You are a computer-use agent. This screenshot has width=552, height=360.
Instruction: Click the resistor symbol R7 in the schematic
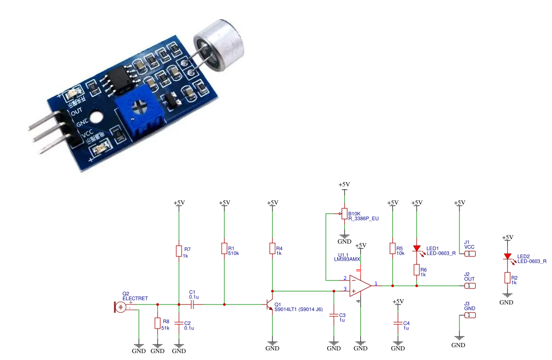click(x=179, y=252)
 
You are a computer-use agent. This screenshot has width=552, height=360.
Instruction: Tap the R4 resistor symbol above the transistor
click(x=273, y=249)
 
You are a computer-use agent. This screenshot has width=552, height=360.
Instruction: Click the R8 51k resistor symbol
click(x=158, y=324)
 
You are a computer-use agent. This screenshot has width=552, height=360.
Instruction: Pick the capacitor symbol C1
click(x=193, y=304)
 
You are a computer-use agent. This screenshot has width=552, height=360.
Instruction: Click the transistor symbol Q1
click(x=269, y=305)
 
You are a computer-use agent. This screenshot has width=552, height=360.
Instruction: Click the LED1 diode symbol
click(x=417, y=248)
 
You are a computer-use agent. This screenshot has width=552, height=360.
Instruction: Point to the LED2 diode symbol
click(x=507, y=257)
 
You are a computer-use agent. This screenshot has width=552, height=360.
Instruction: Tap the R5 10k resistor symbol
click(x=393, y=249)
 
